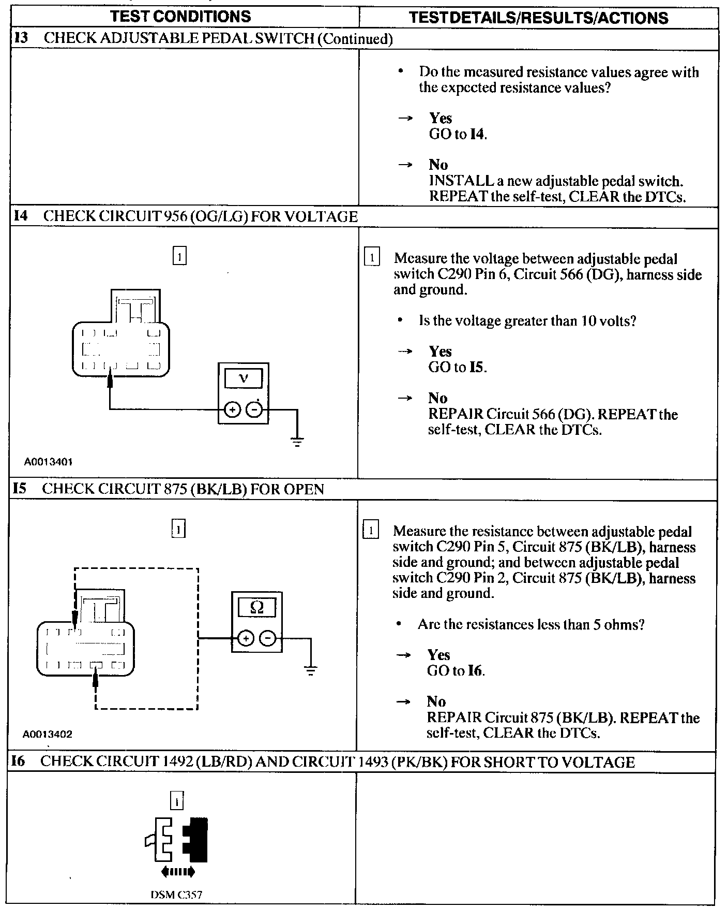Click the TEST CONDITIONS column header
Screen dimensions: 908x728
point(180,16)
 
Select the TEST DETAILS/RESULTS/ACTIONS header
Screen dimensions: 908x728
point(538,18)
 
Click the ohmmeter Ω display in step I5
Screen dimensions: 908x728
point(256,607)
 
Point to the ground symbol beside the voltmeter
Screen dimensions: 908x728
point(297,442)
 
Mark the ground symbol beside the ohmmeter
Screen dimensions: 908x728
point(310,671)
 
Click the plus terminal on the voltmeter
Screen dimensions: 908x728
point(232,410)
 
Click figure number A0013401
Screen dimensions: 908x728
point(48,461)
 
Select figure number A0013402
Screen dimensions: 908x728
point(48,734)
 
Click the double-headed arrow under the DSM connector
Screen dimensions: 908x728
point(178,872)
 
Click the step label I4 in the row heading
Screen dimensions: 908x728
point(20,216)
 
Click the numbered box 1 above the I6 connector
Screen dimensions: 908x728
point(177,801)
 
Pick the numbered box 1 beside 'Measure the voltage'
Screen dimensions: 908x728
point(372,257)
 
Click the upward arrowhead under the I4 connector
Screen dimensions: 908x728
point(110,379)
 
